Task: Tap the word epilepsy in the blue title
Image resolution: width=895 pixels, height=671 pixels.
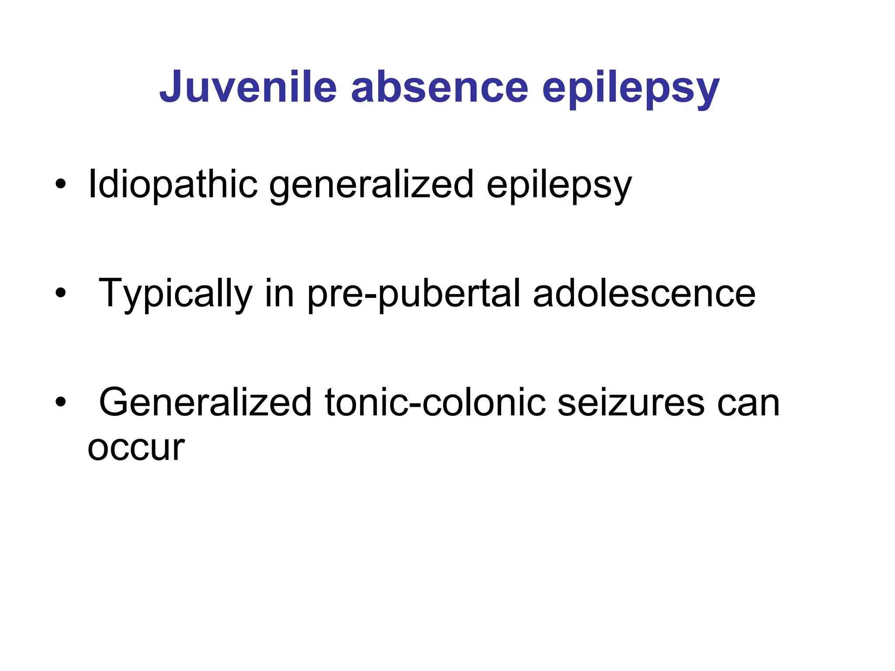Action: click(x=631, y=90)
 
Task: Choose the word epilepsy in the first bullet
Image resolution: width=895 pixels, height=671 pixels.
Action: click(x=559, y=186)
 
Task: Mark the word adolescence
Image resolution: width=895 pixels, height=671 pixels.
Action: click(x=644, y=294)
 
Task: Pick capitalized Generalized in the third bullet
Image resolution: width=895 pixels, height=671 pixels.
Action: click(x=205, y=403)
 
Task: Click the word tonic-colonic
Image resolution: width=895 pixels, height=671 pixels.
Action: click(x=435, y=403)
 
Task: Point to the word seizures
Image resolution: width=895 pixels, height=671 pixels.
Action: click(x=631, y=403)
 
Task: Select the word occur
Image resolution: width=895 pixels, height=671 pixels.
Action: click(x=136, y=448)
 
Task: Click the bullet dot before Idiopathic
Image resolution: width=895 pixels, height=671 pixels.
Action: click(x=61, y=185)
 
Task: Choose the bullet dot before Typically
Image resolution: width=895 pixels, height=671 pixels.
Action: click(x=61, y=294)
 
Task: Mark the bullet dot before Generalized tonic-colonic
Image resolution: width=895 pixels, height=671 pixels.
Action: click(x=61, y=402)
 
